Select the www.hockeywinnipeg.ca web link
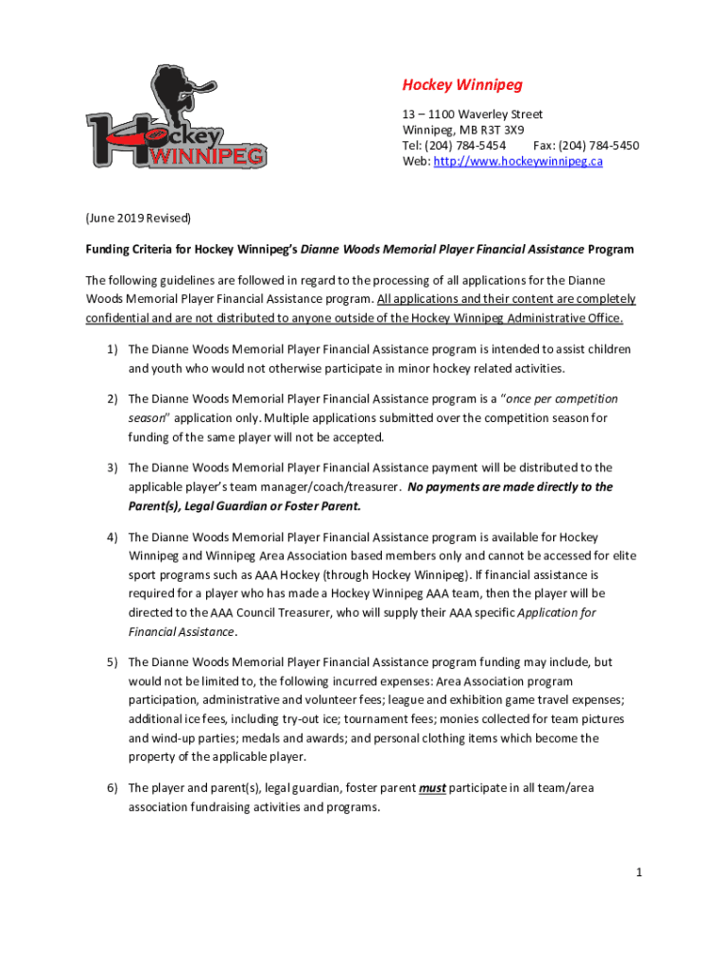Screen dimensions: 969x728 [518, 162]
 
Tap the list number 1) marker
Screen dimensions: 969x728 [112, 349]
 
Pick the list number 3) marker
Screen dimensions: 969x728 [112, 467]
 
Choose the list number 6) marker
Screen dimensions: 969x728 [112, 788]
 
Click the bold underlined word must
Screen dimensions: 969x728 [432, 788]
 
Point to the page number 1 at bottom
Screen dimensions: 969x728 [639, 872]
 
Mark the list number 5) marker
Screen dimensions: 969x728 [112, 662]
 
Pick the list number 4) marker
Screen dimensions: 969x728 [112, 537]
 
